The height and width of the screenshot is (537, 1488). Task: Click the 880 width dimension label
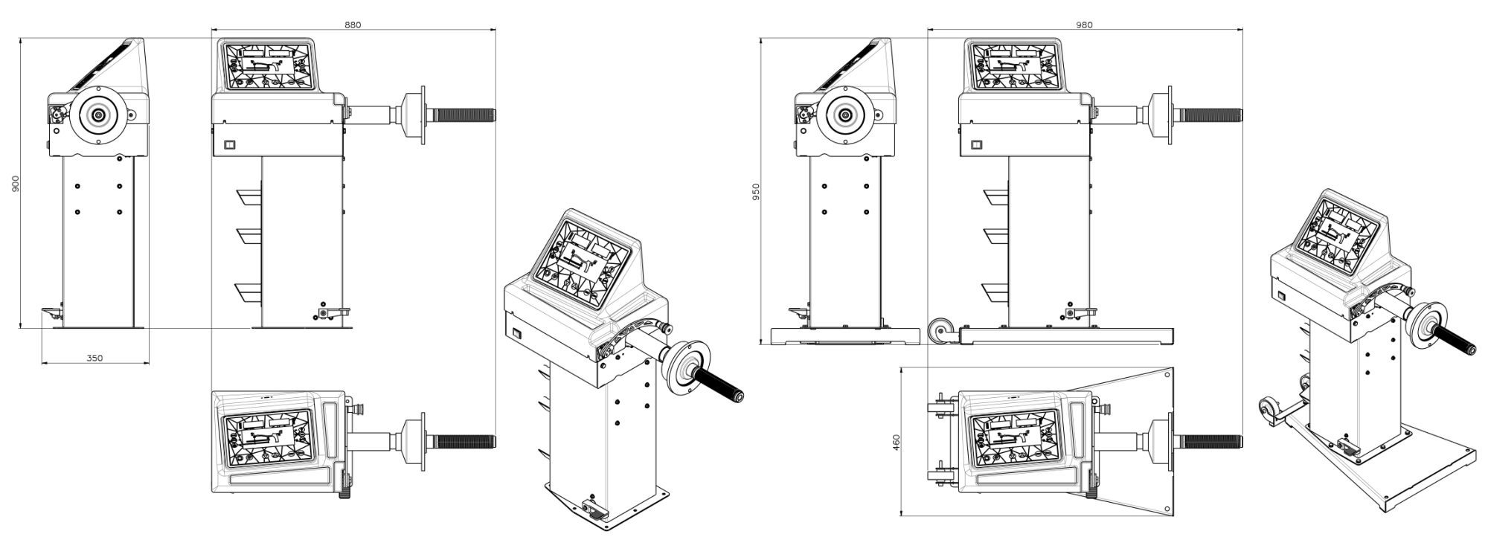(x=353, y=25)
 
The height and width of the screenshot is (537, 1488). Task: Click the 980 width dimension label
(x=1084, y=25)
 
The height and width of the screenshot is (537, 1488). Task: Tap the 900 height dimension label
(x=15, y=184)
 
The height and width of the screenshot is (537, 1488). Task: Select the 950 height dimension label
(x=756, y=192)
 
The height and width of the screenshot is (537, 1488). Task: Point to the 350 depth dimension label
(x=94, y=358)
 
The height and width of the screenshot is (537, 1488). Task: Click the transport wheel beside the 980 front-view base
(x=943, y=330)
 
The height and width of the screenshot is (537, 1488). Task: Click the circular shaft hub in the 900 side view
(x=98, y=115)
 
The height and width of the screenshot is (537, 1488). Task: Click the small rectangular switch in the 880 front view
(x=229, y=145)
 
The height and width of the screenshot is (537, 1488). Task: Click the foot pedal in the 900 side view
(x=51, y=314)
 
